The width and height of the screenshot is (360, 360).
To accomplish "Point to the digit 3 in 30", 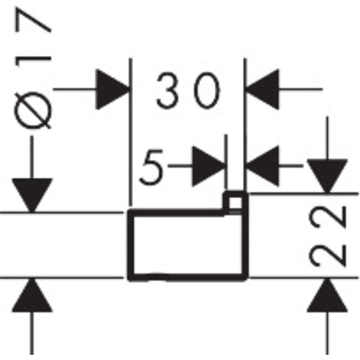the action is coord(167,91).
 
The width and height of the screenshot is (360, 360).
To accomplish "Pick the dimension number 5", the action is coord(151,166).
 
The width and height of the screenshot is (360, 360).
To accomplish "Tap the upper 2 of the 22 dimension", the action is coord(327,217).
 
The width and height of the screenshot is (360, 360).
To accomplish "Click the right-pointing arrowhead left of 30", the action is coord(112,89).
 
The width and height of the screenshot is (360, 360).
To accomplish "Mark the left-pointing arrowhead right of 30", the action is coord(262,89).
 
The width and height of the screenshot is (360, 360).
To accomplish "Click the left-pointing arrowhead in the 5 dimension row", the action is coord(262,166).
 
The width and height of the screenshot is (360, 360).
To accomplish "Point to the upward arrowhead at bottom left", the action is coord(32,295).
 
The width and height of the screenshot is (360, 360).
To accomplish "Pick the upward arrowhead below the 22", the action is coord(327,295).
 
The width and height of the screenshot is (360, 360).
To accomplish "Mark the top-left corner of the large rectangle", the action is coord(130,212).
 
